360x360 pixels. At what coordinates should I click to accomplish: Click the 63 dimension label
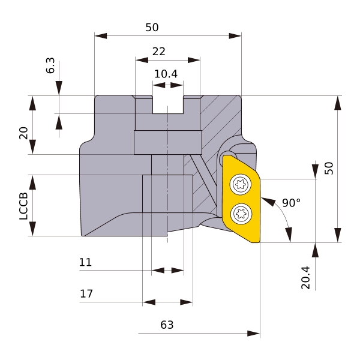pos(167,325)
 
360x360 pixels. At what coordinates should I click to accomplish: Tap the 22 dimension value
pos(158,52)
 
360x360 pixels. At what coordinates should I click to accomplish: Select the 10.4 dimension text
pos(166,74)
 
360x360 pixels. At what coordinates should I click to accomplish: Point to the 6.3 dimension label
pos(50,65)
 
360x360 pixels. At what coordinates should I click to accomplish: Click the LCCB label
pos(23,206)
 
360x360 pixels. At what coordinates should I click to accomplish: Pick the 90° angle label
pos(291,203)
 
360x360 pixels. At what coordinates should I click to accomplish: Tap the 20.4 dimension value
pos(305,278)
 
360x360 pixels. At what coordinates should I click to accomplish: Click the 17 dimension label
pos(86,293)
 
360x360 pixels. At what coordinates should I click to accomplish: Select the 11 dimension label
pos(85,262)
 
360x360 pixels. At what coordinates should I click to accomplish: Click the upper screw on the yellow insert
pos(241,184)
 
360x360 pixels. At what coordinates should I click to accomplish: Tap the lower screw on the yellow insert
pos(241,214)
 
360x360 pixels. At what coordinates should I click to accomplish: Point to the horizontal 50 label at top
pos(152,28)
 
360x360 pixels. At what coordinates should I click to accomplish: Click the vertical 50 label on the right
pos(329,168)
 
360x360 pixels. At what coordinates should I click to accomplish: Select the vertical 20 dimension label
pos(23,133)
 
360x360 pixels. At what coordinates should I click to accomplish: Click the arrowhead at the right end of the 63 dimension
pos(253,334)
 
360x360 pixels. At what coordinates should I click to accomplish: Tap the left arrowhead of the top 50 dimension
pos(101,36)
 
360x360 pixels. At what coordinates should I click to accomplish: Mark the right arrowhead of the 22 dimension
pos(194,60)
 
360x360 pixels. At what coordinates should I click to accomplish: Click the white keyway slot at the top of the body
pos(168,104)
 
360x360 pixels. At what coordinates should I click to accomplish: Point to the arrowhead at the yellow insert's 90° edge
pos(268,202)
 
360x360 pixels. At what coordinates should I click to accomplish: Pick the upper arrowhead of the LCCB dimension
pos(32,182)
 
